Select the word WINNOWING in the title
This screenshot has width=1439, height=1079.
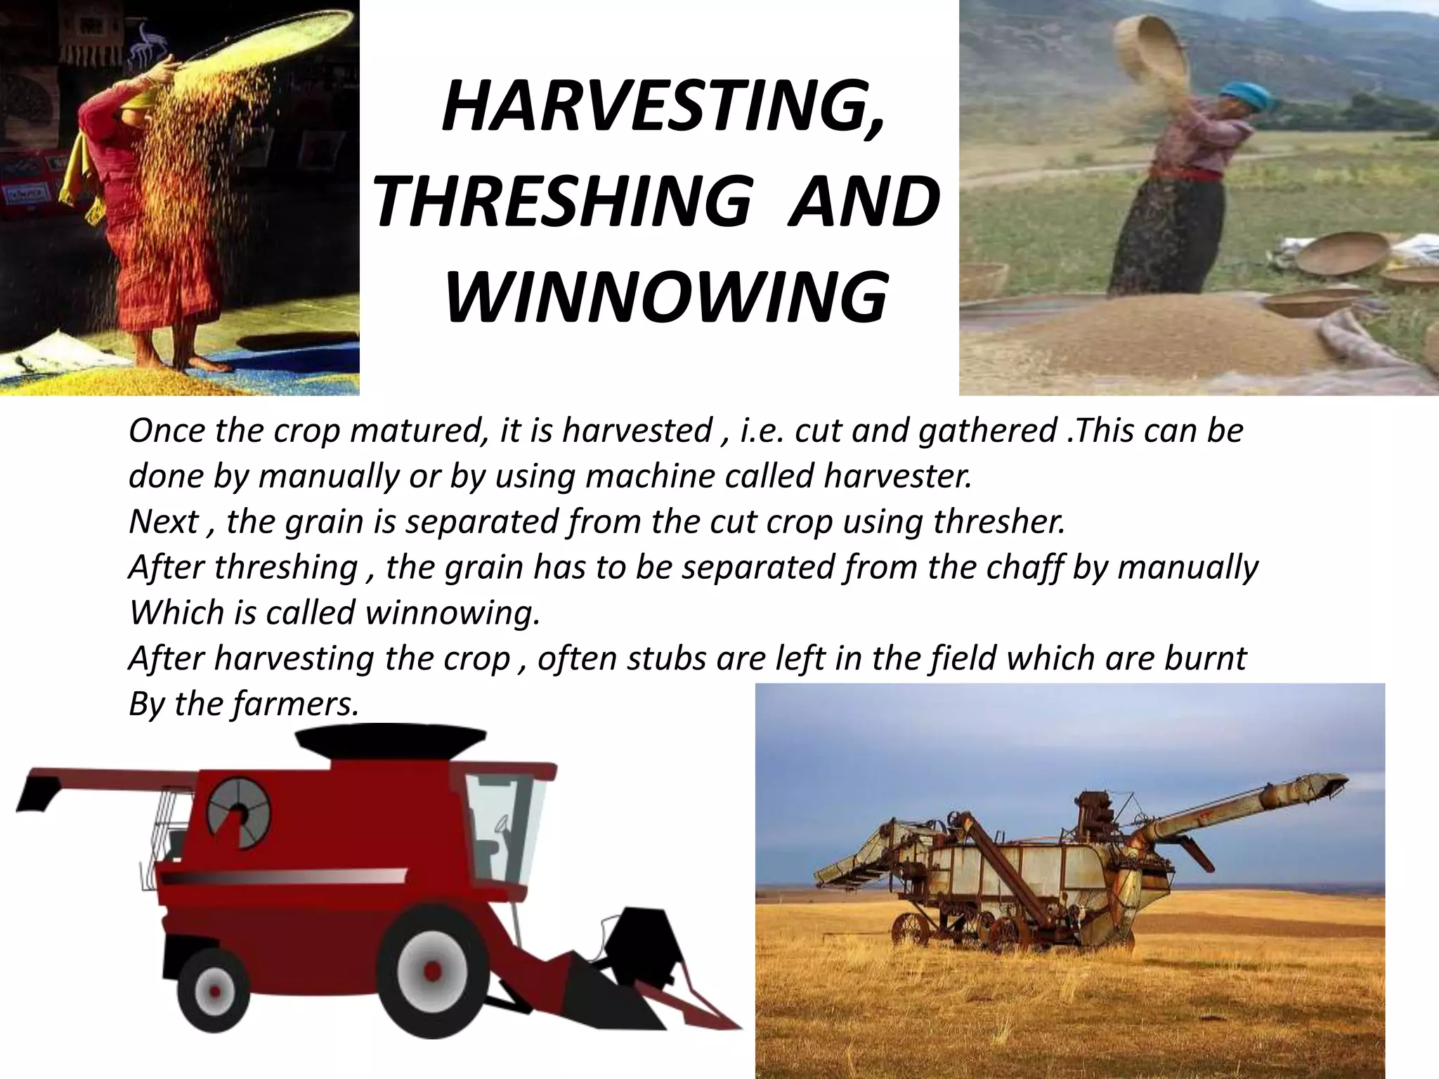click(x=665, y=298)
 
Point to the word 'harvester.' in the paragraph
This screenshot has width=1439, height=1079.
click(x=897, y=476)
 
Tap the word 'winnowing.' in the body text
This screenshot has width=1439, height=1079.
click(x=453, y=613)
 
